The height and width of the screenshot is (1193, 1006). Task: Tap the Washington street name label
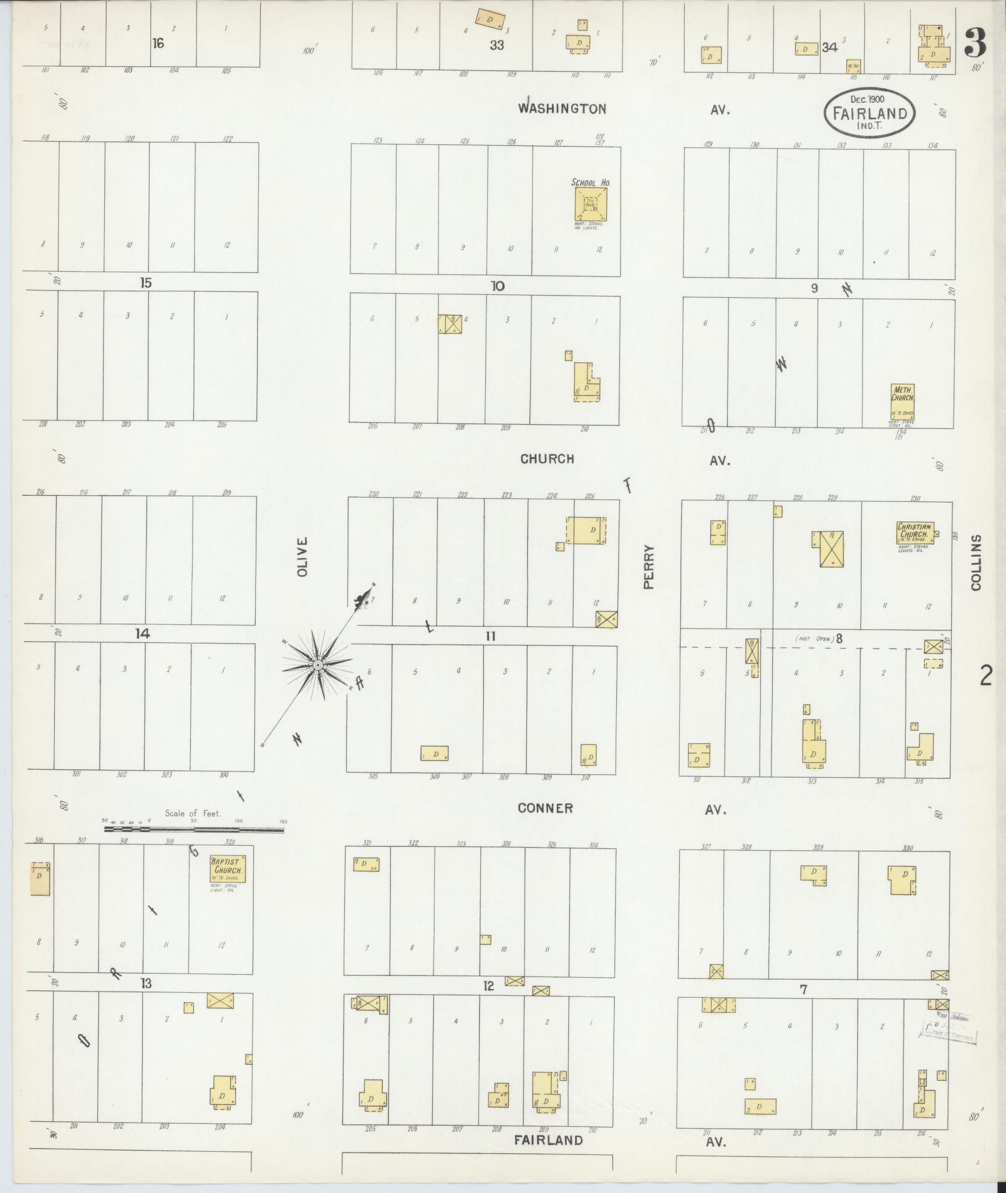(x=562, y=109)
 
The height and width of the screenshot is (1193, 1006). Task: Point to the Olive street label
(x=303, y=556)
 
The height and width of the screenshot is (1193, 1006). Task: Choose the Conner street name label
(x=545, y=808)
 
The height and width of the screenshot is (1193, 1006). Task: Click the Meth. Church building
(x=902, y=402)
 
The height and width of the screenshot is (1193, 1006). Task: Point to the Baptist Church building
(x=228, y=868)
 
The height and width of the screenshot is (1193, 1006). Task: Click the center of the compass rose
(x=317, y=665)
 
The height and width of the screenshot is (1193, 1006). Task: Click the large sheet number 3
(x=975, y=42)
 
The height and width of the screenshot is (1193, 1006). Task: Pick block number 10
(x=497, y=286)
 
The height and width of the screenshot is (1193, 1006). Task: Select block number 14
(x=142, y=634)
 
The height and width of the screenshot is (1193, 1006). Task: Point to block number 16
(x=158, y=43)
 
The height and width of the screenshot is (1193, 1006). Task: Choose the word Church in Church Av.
(x=547, y=459)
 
